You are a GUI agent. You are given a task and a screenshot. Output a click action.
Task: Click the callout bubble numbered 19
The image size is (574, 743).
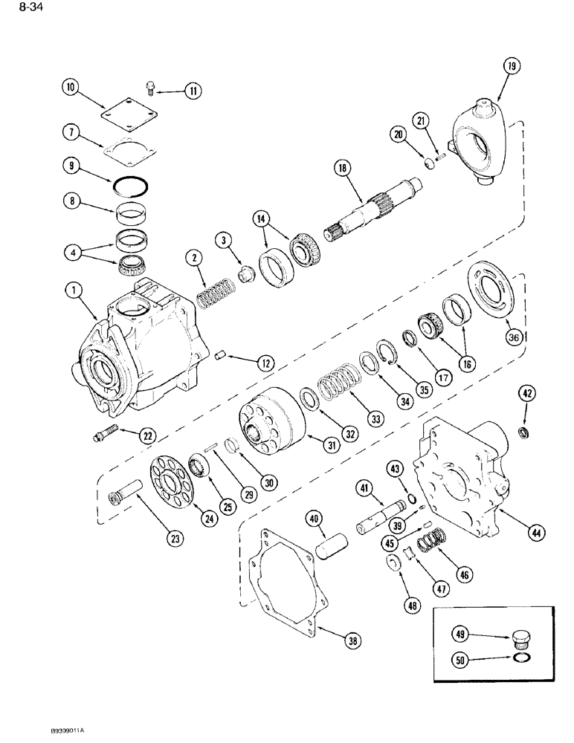[x=511, y=68]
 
